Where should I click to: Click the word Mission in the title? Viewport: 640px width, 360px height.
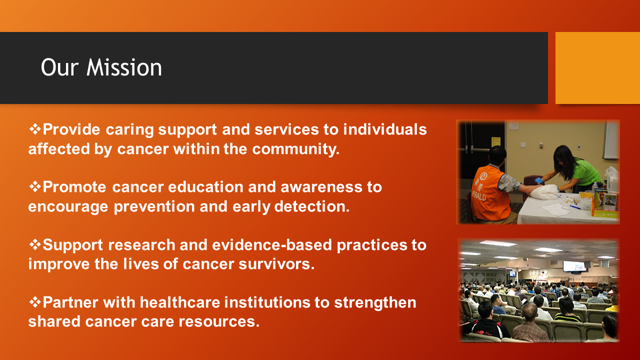pyautogui.click(x=124, y=67)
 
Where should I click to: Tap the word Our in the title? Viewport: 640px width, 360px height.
pyautogui.click(x=59, y=67)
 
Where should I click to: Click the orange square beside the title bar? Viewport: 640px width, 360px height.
pyautogui.click(x=597, y=67)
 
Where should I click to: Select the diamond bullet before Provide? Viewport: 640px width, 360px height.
pyautogui.click(x=35, y=129)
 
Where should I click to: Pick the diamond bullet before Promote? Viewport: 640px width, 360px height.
pyautogui.click(x=35, y=187)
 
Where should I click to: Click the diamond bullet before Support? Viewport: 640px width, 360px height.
pyautogui.click(x=35, y=244)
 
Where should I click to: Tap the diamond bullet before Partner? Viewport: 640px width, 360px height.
pyautogui.click(x=35, y=302)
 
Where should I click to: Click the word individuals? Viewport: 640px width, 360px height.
pyautogui.click(x=385, y=129)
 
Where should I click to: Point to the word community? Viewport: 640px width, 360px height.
pyautogui.click(x=295, y=149)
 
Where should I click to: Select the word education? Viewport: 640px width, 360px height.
pyautogui.click(x=205, y=187)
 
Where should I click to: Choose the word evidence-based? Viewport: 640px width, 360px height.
pyautogui.click(x=271, y=245)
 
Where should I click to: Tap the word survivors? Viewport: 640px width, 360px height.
pyautogui.click(x=276, y=264)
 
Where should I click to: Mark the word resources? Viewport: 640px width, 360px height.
pyautogui.click(x=219, y=321)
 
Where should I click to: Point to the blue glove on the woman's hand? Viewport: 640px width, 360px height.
pyautogui.click(x=538, y=181)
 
